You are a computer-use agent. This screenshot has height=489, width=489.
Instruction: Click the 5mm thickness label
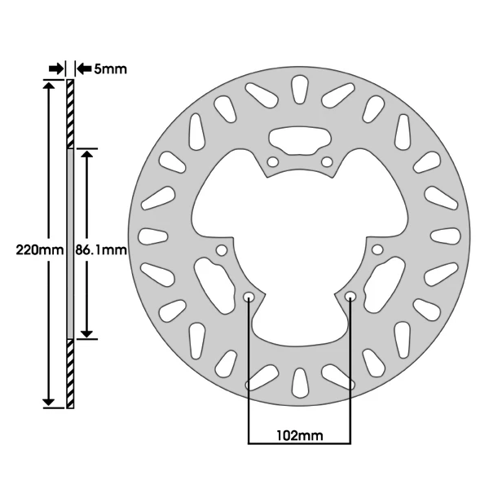click(x=110, y=69)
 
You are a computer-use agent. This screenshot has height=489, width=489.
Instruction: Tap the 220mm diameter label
click(x=40, y=250)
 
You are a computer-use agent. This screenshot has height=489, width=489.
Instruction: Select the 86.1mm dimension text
click(x=101, y=250)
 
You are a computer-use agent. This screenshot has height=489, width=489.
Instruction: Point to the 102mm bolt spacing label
click(x=300, y=435)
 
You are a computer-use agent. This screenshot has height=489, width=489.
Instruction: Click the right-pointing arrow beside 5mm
click(x=56, y=68)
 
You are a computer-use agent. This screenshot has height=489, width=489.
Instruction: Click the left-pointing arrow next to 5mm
click(x=84, y=68)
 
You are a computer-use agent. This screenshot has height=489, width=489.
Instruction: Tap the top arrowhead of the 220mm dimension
click(x=48, y=85)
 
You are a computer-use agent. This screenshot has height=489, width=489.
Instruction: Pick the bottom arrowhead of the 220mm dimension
click(x=48, y=403)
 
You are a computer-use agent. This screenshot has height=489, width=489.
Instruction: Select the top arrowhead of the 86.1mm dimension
click(x=87, y=153)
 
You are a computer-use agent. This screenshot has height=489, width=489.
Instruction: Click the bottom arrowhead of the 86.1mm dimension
click(x=87, y=333)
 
